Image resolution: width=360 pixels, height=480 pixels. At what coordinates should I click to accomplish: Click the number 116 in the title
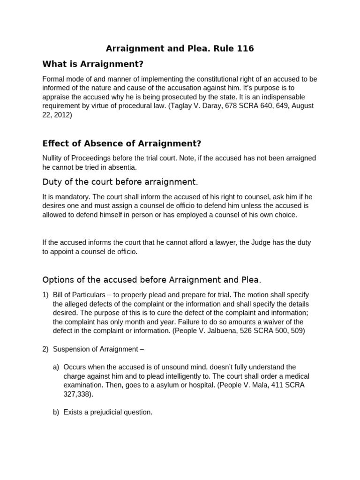click(243, 48)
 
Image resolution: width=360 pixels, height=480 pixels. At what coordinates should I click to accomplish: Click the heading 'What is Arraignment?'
click(92, 63)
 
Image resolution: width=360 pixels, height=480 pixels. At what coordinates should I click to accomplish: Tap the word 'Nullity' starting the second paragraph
click(53, 158)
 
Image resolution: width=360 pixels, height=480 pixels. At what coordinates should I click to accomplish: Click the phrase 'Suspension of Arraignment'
click(94, 349)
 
